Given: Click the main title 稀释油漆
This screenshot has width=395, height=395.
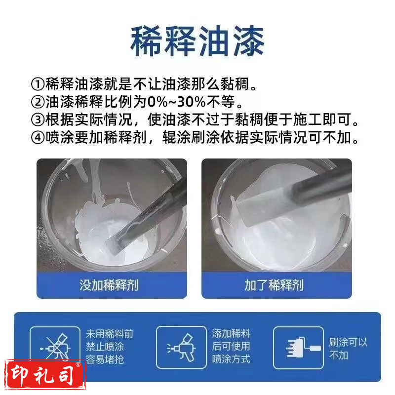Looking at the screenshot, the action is (x=197, y=41).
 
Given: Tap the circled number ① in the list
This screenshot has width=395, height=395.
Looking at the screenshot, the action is (x=38, y=84).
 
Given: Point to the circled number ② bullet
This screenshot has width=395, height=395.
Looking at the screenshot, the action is (x=38, y=102).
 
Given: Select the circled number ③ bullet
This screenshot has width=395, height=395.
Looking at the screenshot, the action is (x=38, y=119).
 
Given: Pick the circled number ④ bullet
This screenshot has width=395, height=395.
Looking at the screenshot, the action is (x=38, y=137).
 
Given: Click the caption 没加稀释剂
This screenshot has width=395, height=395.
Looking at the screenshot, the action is (x=109, y=285).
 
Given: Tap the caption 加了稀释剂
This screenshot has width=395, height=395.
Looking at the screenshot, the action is (x=274, y=285).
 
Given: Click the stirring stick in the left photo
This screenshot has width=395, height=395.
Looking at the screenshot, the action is (x=146, y=217).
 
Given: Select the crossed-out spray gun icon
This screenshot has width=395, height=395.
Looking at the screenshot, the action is (x=55, y=347).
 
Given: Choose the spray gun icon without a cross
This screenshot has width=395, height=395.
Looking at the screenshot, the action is (x=181, y=348).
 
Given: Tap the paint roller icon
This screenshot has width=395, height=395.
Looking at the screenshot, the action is (x=303, y=348).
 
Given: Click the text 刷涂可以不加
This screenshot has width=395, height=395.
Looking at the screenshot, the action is (x=348, y=349).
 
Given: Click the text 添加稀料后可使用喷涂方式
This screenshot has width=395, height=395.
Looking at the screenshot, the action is (x=231, y=347).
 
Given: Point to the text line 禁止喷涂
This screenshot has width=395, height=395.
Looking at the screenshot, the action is (x=105, y=347).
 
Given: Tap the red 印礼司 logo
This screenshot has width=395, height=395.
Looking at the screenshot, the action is (x=45, y=375).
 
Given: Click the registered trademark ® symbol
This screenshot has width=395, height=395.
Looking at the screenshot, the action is (x=78, y=364).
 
